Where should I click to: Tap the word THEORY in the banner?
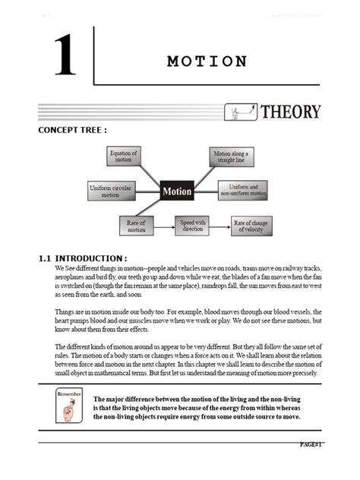click(290, 112)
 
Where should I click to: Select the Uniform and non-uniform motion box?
click(243, 190)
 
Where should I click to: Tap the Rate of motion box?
click(137, 225)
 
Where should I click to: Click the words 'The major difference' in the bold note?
click(122, 399)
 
